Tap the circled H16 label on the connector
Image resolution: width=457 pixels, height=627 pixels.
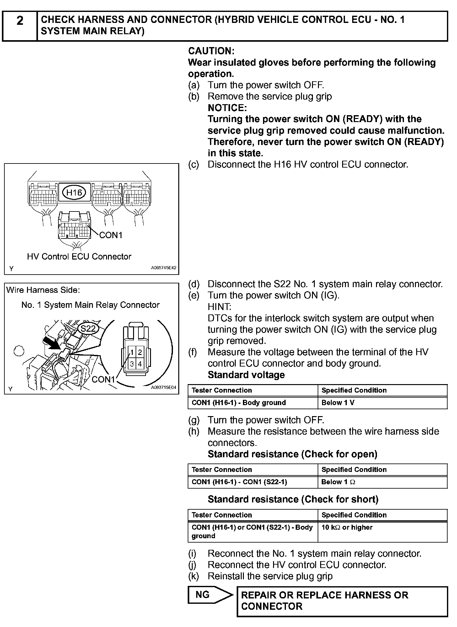pyautogui.click(x=74, y=192)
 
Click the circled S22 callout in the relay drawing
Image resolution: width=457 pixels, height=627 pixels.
pyautogui.click(x=88, y=328)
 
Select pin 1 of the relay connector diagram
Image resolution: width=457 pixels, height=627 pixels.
pyautogui.click(x=132, y=352)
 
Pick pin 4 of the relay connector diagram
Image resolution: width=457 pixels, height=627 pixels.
pyautogui.click(x=140, y=364)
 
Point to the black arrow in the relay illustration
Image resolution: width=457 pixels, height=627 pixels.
pyautogui.click(x=53, y=343)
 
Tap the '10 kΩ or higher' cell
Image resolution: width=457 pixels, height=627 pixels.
pyautogui.click(x=347, y=527)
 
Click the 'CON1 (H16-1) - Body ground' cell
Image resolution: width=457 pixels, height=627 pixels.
pyautogui.click(x=239, y=403)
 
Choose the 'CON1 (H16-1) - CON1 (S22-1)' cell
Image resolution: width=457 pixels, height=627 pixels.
pyautogui.click(x=239, y=482)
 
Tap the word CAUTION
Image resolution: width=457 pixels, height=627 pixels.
pyautogui.click(x=211, y=51)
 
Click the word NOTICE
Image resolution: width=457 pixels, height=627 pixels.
pyautogui.click(x=227, y=108)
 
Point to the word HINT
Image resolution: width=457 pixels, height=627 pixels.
pyautogui.click(x=219, y=307)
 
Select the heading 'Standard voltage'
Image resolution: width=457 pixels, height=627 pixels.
pyautogui.click(x=246, y=375)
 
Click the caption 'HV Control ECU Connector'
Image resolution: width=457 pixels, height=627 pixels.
pyautogui.click(x=79, y=256)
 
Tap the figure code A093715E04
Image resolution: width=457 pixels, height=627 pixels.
pyautogui.click(x=164, y=388)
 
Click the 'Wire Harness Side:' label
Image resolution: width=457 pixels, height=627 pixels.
pyautogui.click(x=43, y=290)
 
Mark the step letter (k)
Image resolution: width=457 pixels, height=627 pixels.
pyautogui.click(x=194, y=576)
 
